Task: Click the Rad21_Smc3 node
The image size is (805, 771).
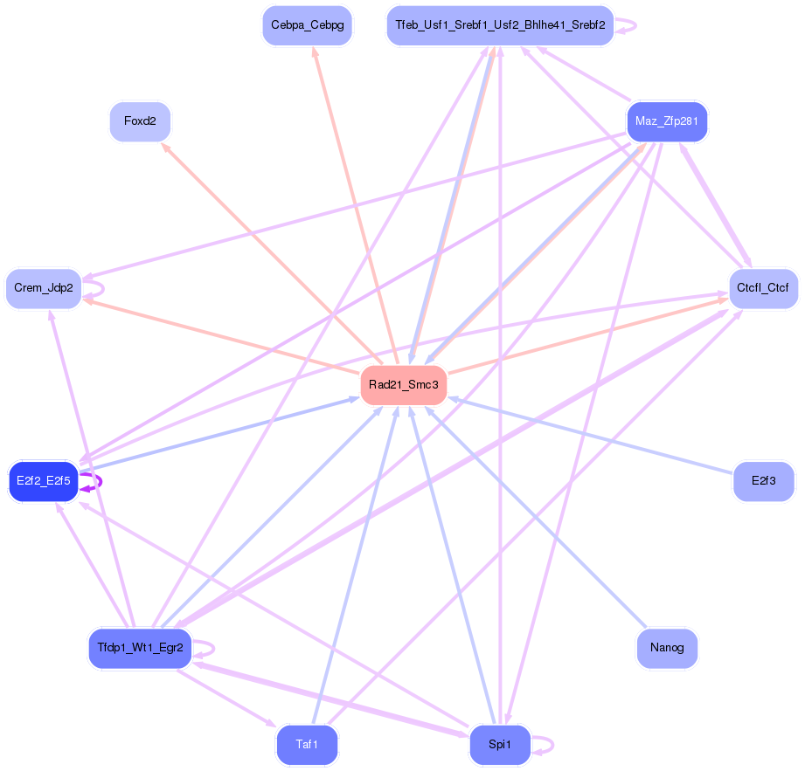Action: tap(403, 385)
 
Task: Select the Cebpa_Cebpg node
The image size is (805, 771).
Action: tap(307, 26)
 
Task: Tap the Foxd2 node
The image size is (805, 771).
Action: tap(140, 121)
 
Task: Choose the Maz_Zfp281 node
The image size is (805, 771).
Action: tap(667, 121)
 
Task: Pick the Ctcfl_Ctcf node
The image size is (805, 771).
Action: tap(763, 288)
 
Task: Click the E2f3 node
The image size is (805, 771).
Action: tap(763, 481)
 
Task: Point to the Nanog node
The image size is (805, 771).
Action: tap(667, 649)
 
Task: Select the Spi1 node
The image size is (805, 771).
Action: tap(500, 745)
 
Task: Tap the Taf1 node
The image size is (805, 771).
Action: tap(307, 745)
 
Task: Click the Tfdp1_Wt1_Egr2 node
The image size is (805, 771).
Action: tap(140, 649)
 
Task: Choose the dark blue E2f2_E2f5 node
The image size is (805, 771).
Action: tap(44, 481)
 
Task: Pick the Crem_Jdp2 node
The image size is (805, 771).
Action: tap(44, 288)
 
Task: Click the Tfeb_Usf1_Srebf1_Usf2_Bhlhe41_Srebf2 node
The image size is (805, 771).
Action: tap(500, 26)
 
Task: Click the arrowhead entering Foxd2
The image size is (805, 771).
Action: tap(164, 148)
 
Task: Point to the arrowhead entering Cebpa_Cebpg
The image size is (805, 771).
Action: tap(315, 51)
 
